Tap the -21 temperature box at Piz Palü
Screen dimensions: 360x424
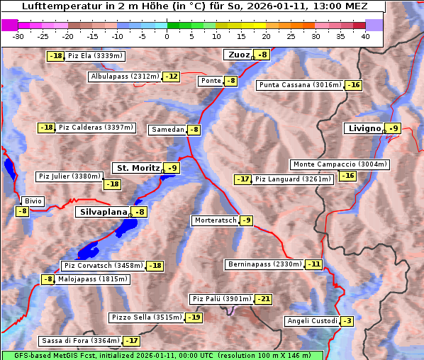tap(263, 299)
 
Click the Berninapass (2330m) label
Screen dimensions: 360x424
tap(264, 264)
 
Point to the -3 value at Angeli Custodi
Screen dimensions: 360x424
tap(347, 321)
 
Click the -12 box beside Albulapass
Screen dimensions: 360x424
tap(171, 77)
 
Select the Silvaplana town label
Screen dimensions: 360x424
tap(103, 212)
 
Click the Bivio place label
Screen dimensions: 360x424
tap(33, 201)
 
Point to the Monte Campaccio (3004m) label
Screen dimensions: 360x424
tap(340, 164)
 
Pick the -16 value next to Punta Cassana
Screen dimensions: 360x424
tap(353, 85)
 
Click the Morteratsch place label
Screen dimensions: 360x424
tap(215, 220)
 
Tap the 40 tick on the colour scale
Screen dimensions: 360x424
tap(365, 36)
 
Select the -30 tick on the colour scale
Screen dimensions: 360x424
tap(18, 36)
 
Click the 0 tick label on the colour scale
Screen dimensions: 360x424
tap(167, 36)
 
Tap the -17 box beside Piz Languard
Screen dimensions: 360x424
tap(243, 179)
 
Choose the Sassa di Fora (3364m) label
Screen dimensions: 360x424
tap(80, 341)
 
